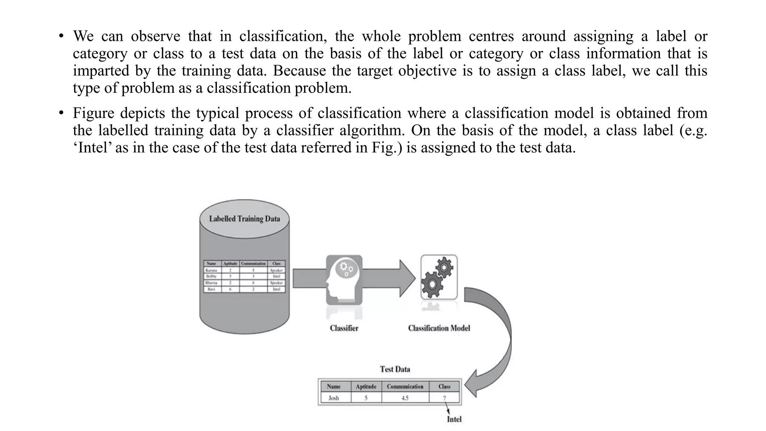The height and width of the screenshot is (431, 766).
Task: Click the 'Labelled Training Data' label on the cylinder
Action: tap(244, 219)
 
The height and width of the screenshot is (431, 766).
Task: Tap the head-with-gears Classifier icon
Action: tap(344, 279)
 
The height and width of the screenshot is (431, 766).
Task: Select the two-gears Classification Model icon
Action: tap(438, 277)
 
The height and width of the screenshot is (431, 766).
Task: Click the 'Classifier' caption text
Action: tap(344, 328)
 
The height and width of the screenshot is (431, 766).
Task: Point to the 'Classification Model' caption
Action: tap(439, 328)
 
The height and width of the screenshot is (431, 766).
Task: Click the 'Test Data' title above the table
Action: tap(395, 369)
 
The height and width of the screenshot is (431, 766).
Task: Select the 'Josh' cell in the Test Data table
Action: tap(334, 398)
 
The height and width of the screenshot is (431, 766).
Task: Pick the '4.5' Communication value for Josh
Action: tap(405, 398)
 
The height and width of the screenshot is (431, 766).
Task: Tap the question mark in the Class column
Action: tap(444, 398)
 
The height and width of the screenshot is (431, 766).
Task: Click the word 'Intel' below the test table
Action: tap(454, 419)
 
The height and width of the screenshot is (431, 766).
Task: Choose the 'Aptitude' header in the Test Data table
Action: tap(366, 386)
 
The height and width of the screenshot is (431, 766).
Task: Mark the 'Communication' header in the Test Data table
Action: tap(405, 386)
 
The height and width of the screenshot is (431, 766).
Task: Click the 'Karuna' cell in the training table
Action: tap(211, 270)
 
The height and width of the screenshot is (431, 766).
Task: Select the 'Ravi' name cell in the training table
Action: tap(211, 289)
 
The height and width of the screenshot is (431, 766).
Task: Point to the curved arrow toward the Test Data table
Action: tap(497, 337)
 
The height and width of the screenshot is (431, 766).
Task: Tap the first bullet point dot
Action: tap(61, 36)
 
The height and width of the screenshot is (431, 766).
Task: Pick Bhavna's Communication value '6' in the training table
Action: tap(253, 283)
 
